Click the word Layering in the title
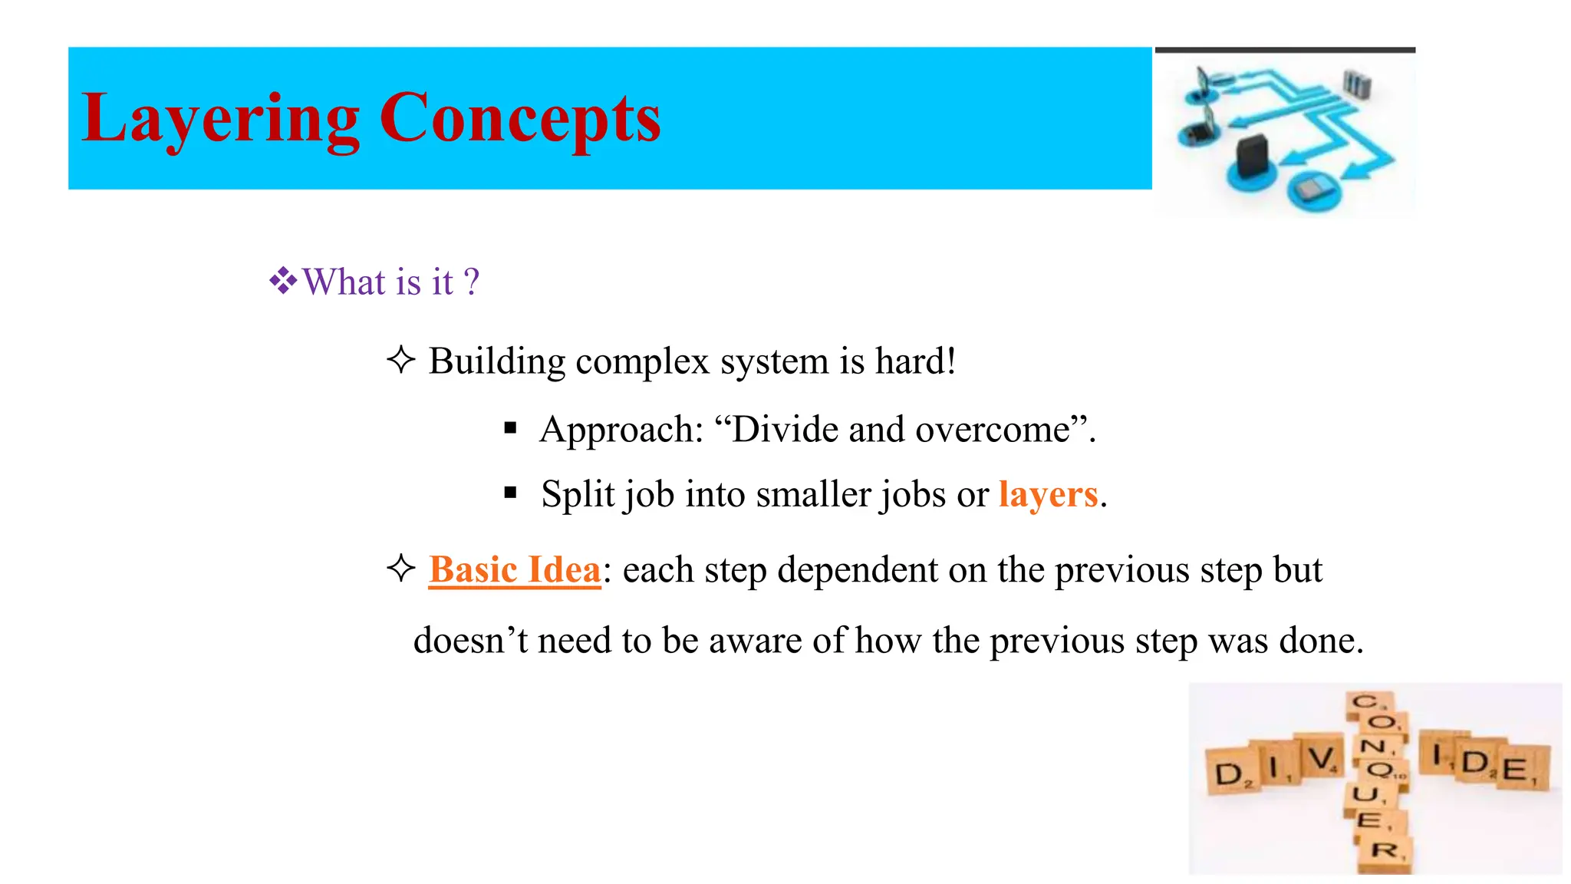click(x=220, y=119)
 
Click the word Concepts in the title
click(x=519, y=119)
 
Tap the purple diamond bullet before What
click(x=283, y=282)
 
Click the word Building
click(x=496, y=361)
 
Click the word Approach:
click(x=621, y=430)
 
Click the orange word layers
click(x=1048, y=494)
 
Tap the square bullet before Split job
click(x=511, y=493)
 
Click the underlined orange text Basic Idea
click(x=514, y=570)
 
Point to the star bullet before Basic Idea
click(x=400, y=569)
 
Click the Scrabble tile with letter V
click(x=1321, y=759)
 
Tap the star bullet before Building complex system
click(x=400, y=360)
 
